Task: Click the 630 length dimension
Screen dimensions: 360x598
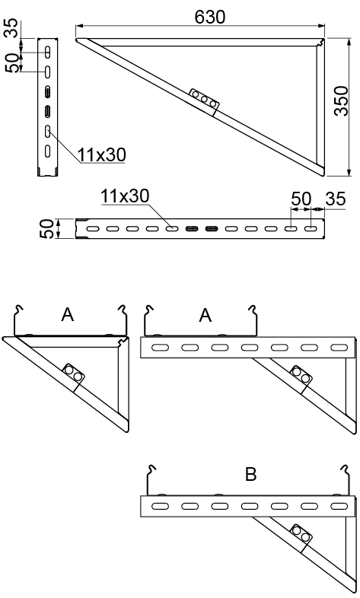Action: pos(210,17)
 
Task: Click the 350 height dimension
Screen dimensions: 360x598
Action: pos(341,101)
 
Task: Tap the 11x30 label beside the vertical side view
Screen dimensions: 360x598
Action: pos(102,155)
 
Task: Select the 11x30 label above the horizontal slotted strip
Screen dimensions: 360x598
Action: pos(125,196)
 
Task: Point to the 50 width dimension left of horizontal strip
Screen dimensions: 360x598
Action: pos(47,229)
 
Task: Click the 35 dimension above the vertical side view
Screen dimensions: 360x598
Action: pos(13,28)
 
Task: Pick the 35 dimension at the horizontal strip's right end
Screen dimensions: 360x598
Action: pos(336,199)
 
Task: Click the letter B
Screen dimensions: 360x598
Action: pos(251,475)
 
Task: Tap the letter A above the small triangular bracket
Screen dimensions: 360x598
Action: pos(68,315)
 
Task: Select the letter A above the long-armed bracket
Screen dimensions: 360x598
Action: pos(205,316)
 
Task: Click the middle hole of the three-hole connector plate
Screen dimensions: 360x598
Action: pos(205,99)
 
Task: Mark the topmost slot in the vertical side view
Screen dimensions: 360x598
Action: pos(48,51)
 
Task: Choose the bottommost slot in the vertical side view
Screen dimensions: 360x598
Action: pos(48,151)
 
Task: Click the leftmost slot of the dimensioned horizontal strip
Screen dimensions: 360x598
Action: pos(93,229)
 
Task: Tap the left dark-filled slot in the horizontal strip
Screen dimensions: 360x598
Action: pos(192,229)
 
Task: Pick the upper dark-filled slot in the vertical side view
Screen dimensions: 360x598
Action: pos(48,91)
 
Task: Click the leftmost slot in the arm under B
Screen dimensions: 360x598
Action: pos(160,506)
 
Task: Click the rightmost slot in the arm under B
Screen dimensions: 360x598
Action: pos(339,506)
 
